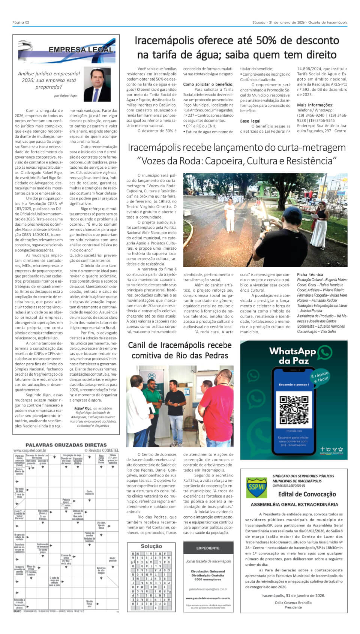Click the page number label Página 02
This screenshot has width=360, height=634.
click(21, 22)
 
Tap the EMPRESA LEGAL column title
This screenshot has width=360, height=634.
click(81, 50)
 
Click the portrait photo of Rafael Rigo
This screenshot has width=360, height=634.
click(97, 84)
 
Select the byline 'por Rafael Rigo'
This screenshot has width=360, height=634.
click(65, 96)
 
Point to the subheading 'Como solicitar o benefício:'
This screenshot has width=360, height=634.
click(208, 84)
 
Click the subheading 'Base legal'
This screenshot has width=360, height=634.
click(250, 121)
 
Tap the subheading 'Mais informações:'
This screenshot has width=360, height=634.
click(315, 105)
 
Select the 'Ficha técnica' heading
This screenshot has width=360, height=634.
click(310, 274)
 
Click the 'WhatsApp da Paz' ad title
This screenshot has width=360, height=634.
click(293, 355)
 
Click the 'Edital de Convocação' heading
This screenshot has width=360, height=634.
click(307, 494)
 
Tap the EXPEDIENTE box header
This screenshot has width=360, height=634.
click(208, 548)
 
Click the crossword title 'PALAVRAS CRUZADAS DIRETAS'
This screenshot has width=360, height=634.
click(66, 445)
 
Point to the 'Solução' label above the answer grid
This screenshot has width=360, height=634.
click(151, 546)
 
